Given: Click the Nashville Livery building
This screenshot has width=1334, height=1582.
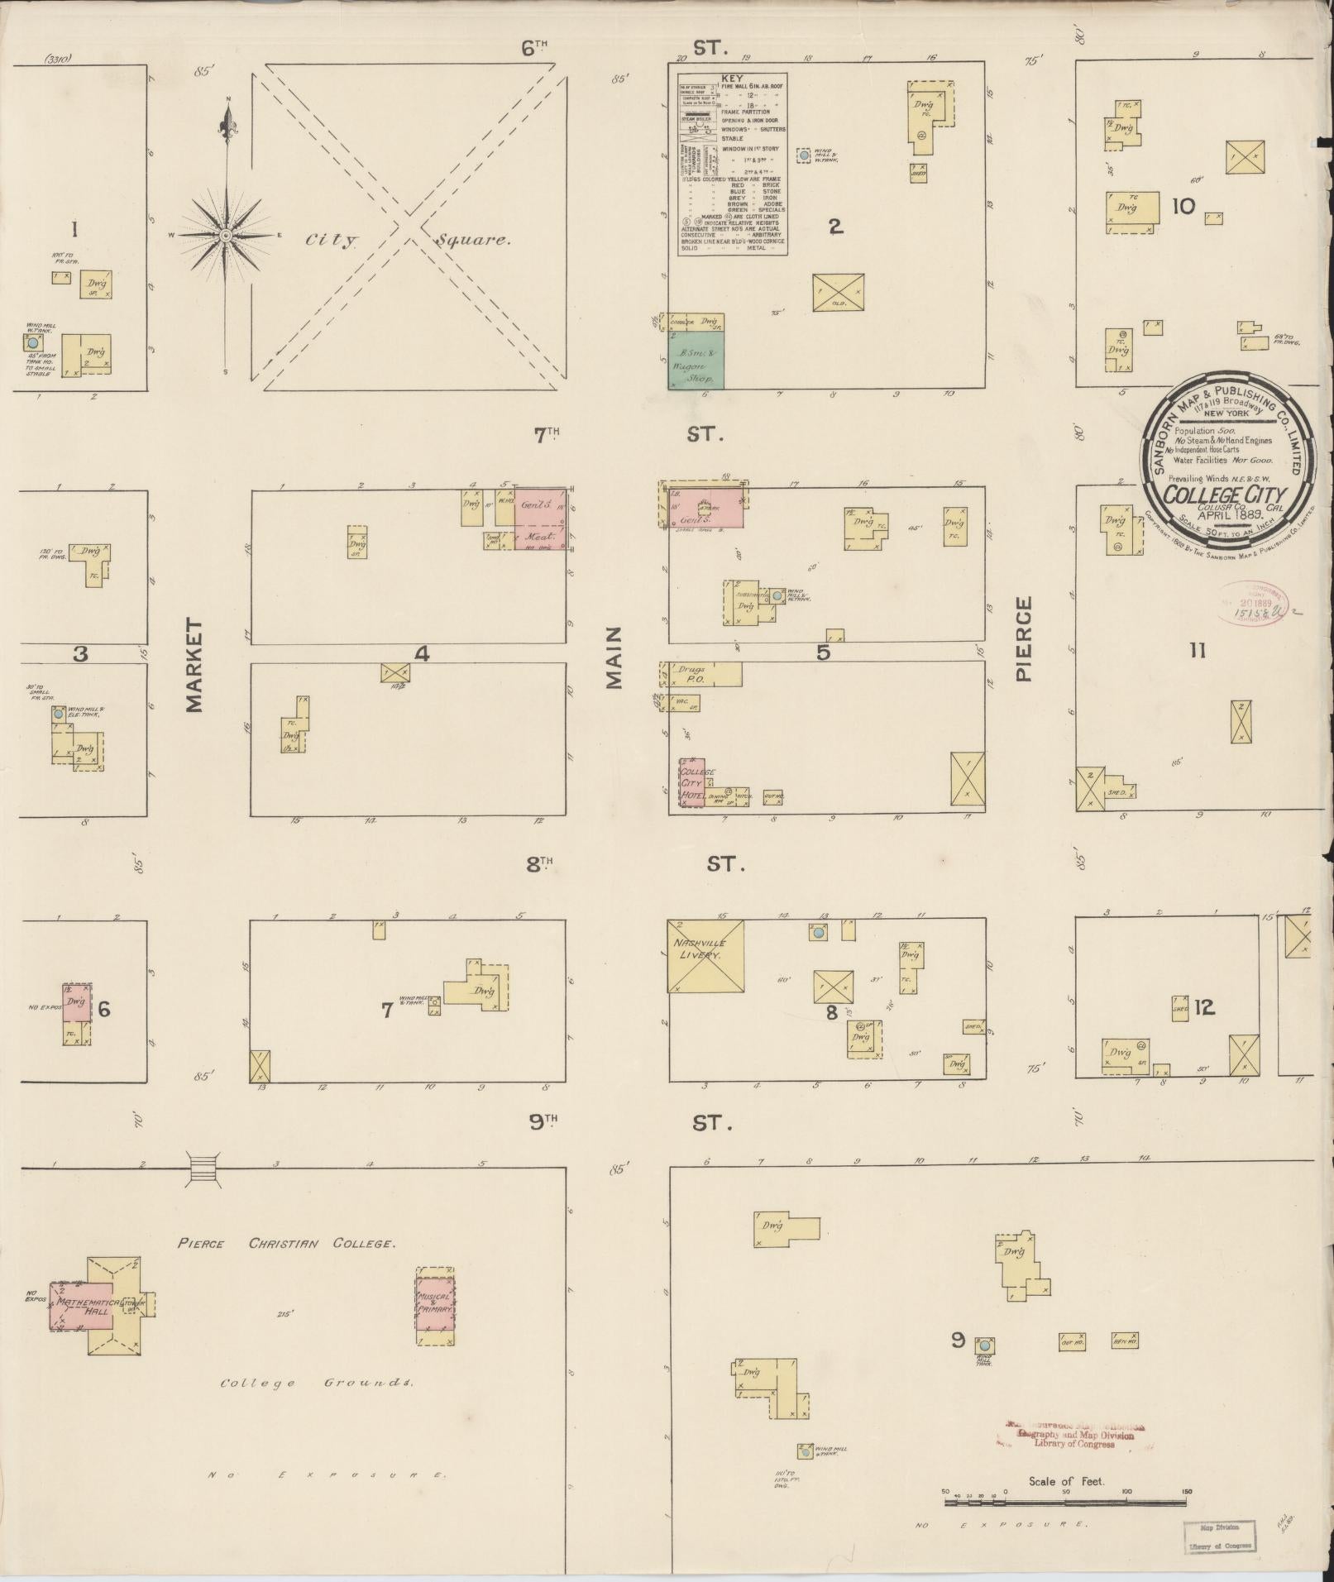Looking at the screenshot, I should tap(705, 955).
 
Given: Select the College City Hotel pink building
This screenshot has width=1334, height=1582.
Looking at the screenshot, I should tap(691, 782).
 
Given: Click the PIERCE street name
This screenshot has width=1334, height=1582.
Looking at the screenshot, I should tap(1024, 639).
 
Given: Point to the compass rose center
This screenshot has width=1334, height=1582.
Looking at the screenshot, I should tap(225, 236).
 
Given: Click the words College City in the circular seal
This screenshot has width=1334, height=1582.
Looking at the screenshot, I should tap(1212, 493).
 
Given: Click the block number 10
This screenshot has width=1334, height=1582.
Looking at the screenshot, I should tap(1183, 205).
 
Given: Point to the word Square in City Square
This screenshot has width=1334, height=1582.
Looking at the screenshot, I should tap(472, 240).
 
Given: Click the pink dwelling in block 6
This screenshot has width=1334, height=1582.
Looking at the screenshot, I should tap(77, 1001).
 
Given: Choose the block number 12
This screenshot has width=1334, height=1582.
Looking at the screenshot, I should tap(1204, 1007).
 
